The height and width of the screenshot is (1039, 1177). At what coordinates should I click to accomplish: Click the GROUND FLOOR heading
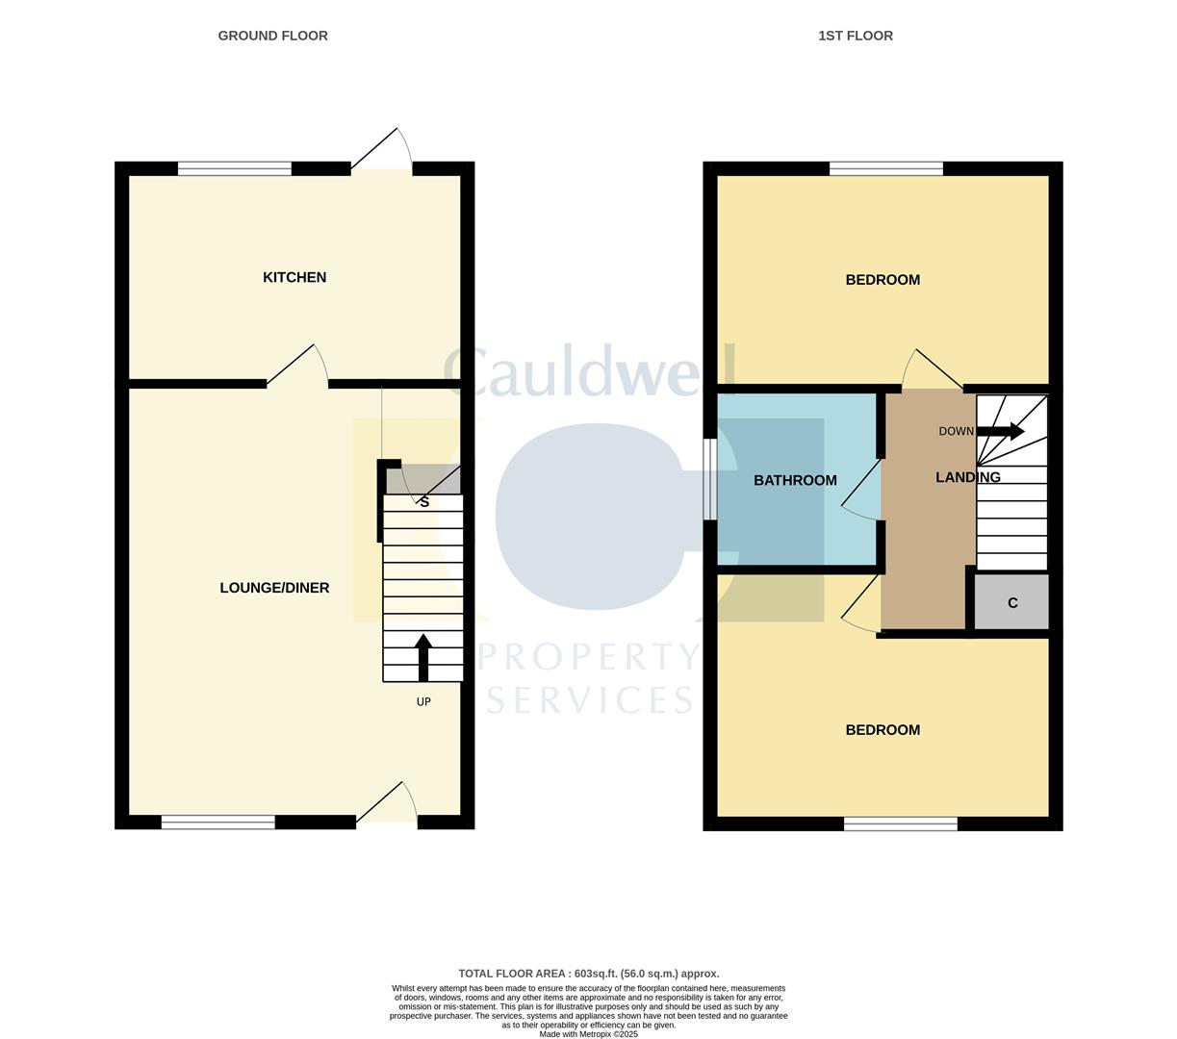pyautogui.click(x=272, y=36)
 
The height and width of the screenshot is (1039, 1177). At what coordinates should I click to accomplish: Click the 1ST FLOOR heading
pyautogui.click(x=855, y=36)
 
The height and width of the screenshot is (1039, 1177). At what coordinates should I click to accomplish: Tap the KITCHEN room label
pyautogui.click(x=294, y=277)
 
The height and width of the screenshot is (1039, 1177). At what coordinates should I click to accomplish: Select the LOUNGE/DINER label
pyautogui.click(x=274, y=588)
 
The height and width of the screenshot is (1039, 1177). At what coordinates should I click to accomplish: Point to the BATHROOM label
pyautogui.click(x=795, y=480)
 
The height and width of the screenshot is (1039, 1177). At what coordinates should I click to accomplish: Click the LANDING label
pyautogui.click(x=967, y=477)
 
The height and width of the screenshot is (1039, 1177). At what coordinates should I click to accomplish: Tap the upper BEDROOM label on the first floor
pyautogui.click(x=883, y=280)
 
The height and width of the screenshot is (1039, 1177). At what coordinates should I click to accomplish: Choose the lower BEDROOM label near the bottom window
pyautogui.click(x=883, y=730)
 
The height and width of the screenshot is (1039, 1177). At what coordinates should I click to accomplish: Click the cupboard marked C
pyautogui.click(x=1011, y=603)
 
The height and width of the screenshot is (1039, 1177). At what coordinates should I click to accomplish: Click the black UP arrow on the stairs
pyautogui.click(x=422, y=657)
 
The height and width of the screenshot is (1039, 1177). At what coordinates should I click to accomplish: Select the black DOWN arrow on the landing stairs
pyautogui.click(x=1001, y=432)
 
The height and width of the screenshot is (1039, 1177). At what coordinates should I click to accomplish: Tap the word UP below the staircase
pyautogui.click(x=423, y=702)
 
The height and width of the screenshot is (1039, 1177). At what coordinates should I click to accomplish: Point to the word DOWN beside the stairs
pyautogui.click(x=956, y=432)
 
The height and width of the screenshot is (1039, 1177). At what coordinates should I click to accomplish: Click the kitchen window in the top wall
pyautogui.click(x=234, y=169)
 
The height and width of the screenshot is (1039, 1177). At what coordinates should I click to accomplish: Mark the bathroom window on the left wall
pyautogui.click(x=710, y=480)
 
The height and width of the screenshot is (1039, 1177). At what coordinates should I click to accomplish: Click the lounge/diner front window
pyautogui.click(x=217, y=822)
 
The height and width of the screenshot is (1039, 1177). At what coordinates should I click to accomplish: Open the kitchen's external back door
pyautogui.click(x=382, y=154)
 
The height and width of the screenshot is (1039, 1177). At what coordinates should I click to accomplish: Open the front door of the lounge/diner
pyautogui.click(x=387, y=808)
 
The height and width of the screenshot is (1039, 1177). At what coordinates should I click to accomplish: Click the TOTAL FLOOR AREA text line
pyautogui.click(x=588, y=974)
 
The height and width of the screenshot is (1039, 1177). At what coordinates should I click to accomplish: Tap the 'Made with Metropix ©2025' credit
pyautogui.click(x=588, y=1034)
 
